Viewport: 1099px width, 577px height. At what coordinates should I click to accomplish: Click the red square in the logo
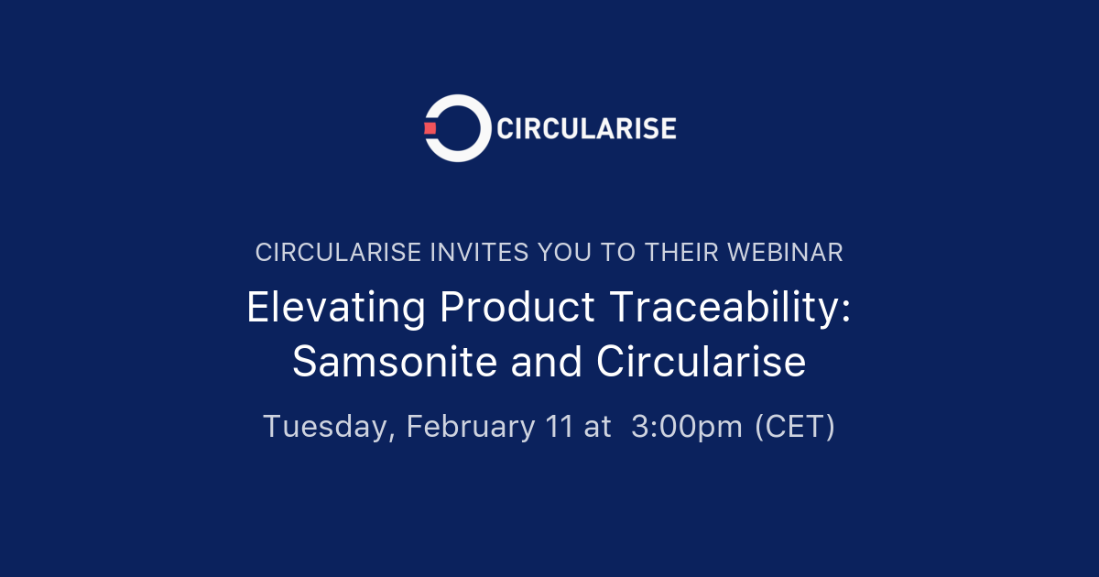tap(430, 128)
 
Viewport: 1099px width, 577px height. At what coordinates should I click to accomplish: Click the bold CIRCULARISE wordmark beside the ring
tap(586, 128)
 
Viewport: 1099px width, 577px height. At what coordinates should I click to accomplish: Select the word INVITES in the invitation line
tap(476, 253)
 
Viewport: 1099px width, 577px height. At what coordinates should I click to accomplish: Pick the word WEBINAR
tap(784, 253)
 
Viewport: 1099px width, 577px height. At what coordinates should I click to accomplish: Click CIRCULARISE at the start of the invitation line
tap(338, 253)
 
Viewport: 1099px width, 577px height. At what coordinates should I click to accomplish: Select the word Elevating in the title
tap(335, 309)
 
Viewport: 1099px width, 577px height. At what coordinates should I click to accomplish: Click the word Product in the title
tap(517, 309)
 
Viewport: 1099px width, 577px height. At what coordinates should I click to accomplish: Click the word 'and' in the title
tap(548, 363)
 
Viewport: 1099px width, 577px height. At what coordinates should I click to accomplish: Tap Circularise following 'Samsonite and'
tap(702, 363)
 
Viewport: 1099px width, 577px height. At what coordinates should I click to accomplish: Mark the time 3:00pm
tap(687, 427)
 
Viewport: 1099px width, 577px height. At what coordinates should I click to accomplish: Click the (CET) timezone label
tap(794, 427)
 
